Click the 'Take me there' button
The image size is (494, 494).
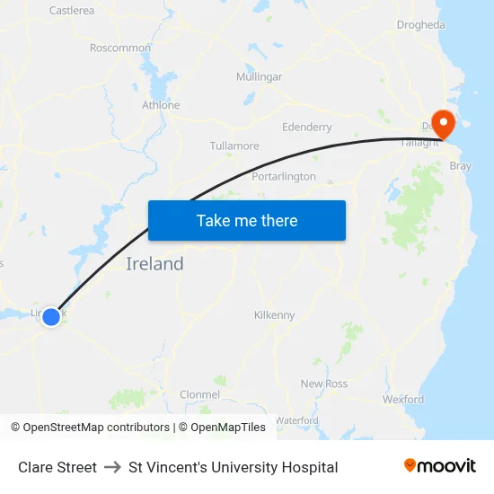click(247, 220)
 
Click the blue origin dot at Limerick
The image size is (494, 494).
click(51, 316)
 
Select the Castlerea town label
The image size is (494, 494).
click(72, 11)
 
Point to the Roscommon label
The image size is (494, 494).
click(120, 48)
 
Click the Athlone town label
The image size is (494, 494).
click(161, 105)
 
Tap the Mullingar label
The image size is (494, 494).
click(259, 76)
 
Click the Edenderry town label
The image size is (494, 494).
click(307, 128)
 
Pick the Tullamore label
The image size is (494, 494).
click(234, 146)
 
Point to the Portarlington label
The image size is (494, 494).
click(284, 176)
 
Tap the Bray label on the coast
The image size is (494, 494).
click(460, 166)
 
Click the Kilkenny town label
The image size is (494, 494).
click(274, 315)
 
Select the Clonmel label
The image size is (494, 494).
click(199, 394)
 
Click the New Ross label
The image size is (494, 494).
click(324, 384)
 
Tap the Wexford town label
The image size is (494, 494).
click(402, 399)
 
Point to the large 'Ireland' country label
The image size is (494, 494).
click(154, 264)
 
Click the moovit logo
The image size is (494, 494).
click(440, 466)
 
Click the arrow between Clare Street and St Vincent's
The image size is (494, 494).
click(112, 467)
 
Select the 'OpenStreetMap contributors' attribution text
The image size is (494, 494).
click(96, 428)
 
